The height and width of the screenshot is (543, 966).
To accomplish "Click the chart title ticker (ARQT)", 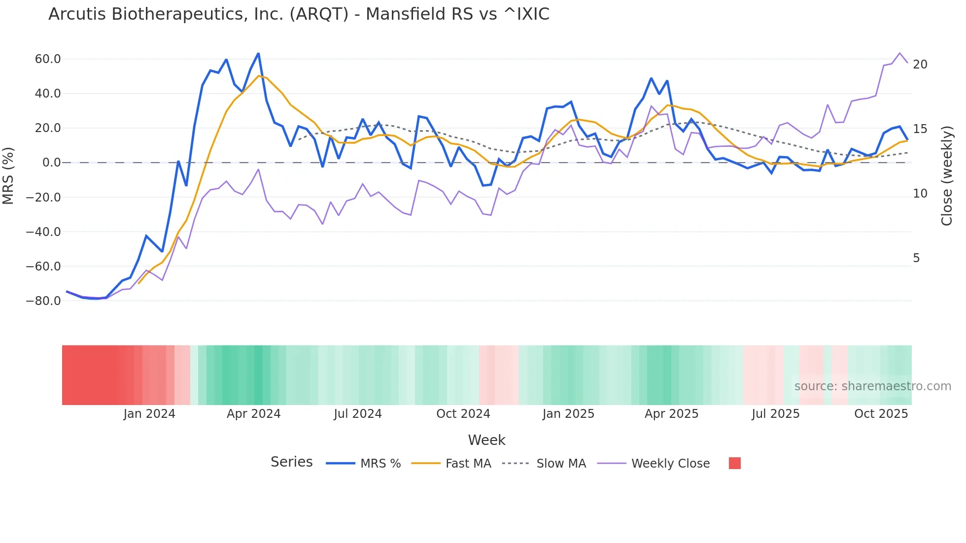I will coord(319,14).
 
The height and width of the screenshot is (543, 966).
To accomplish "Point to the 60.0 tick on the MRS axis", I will coord(48,59).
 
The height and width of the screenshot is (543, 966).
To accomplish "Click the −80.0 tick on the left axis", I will coord(43,301).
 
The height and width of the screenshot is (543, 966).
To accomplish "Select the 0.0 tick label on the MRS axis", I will coord(51,163).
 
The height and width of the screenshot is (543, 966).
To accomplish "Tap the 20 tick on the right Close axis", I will coord(920,65).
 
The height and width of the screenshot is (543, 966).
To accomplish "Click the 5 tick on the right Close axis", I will coord(916,258).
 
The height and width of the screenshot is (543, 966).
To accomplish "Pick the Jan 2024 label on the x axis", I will coord(149,414).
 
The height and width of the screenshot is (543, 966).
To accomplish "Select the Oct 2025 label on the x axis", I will coord(881,414).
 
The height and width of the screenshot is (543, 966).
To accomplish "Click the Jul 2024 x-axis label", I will coord(358,414).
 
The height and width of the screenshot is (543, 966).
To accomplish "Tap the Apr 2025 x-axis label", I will coord(671,414).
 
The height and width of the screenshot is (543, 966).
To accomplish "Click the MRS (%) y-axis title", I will coord(8,175).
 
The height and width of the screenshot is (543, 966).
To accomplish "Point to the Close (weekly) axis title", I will coord(946,176).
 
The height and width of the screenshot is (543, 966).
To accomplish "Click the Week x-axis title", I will coord(486,440).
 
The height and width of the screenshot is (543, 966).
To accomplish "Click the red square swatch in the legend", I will coord(734,463).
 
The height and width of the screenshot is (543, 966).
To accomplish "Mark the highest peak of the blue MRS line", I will coord(258,54).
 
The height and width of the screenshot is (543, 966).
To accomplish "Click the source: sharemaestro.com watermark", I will coord(872,386).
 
